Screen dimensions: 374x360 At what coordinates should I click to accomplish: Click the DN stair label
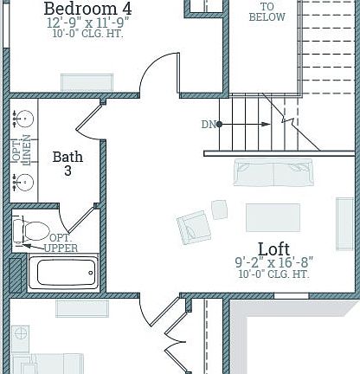coord(208,125)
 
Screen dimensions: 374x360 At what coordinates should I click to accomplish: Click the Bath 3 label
coord(67,164)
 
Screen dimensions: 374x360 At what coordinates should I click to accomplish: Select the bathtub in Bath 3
coord(63,274)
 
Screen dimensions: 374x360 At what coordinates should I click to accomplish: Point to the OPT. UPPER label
coord(61,243)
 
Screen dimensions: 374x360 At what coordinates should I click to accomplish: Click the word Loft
coord(273,248)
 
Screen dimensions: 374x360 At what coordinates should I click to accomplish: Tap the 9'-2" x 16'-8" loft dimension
coord(273,261)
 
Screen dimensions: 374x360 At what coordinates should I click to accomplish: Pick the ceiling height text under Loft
coord(273,274)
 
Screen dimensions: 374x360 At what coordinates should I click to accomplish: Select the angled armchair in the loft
coord(194,227)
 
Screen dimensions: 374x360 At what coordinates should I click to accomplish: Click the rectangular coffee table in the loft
coord(273,216)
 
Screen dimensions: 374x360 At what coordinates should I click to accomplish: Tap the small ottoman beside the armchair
coord(220,209)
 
